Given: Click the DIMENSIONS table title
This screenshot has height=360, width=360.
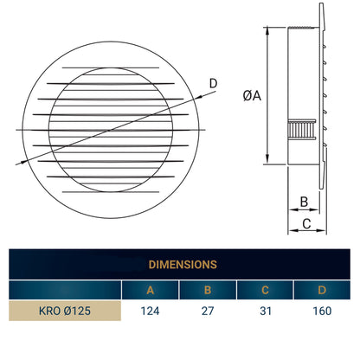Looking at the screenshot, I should [182, 264].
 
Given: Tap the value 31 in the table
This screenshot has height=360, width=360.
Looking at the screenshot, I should [265, 310].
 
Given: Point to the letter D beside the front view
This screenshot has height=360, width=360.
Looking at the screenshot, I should [213, 84].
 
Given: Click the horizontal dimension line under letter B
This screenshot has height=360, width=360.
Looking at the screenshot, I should [304, 210].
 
